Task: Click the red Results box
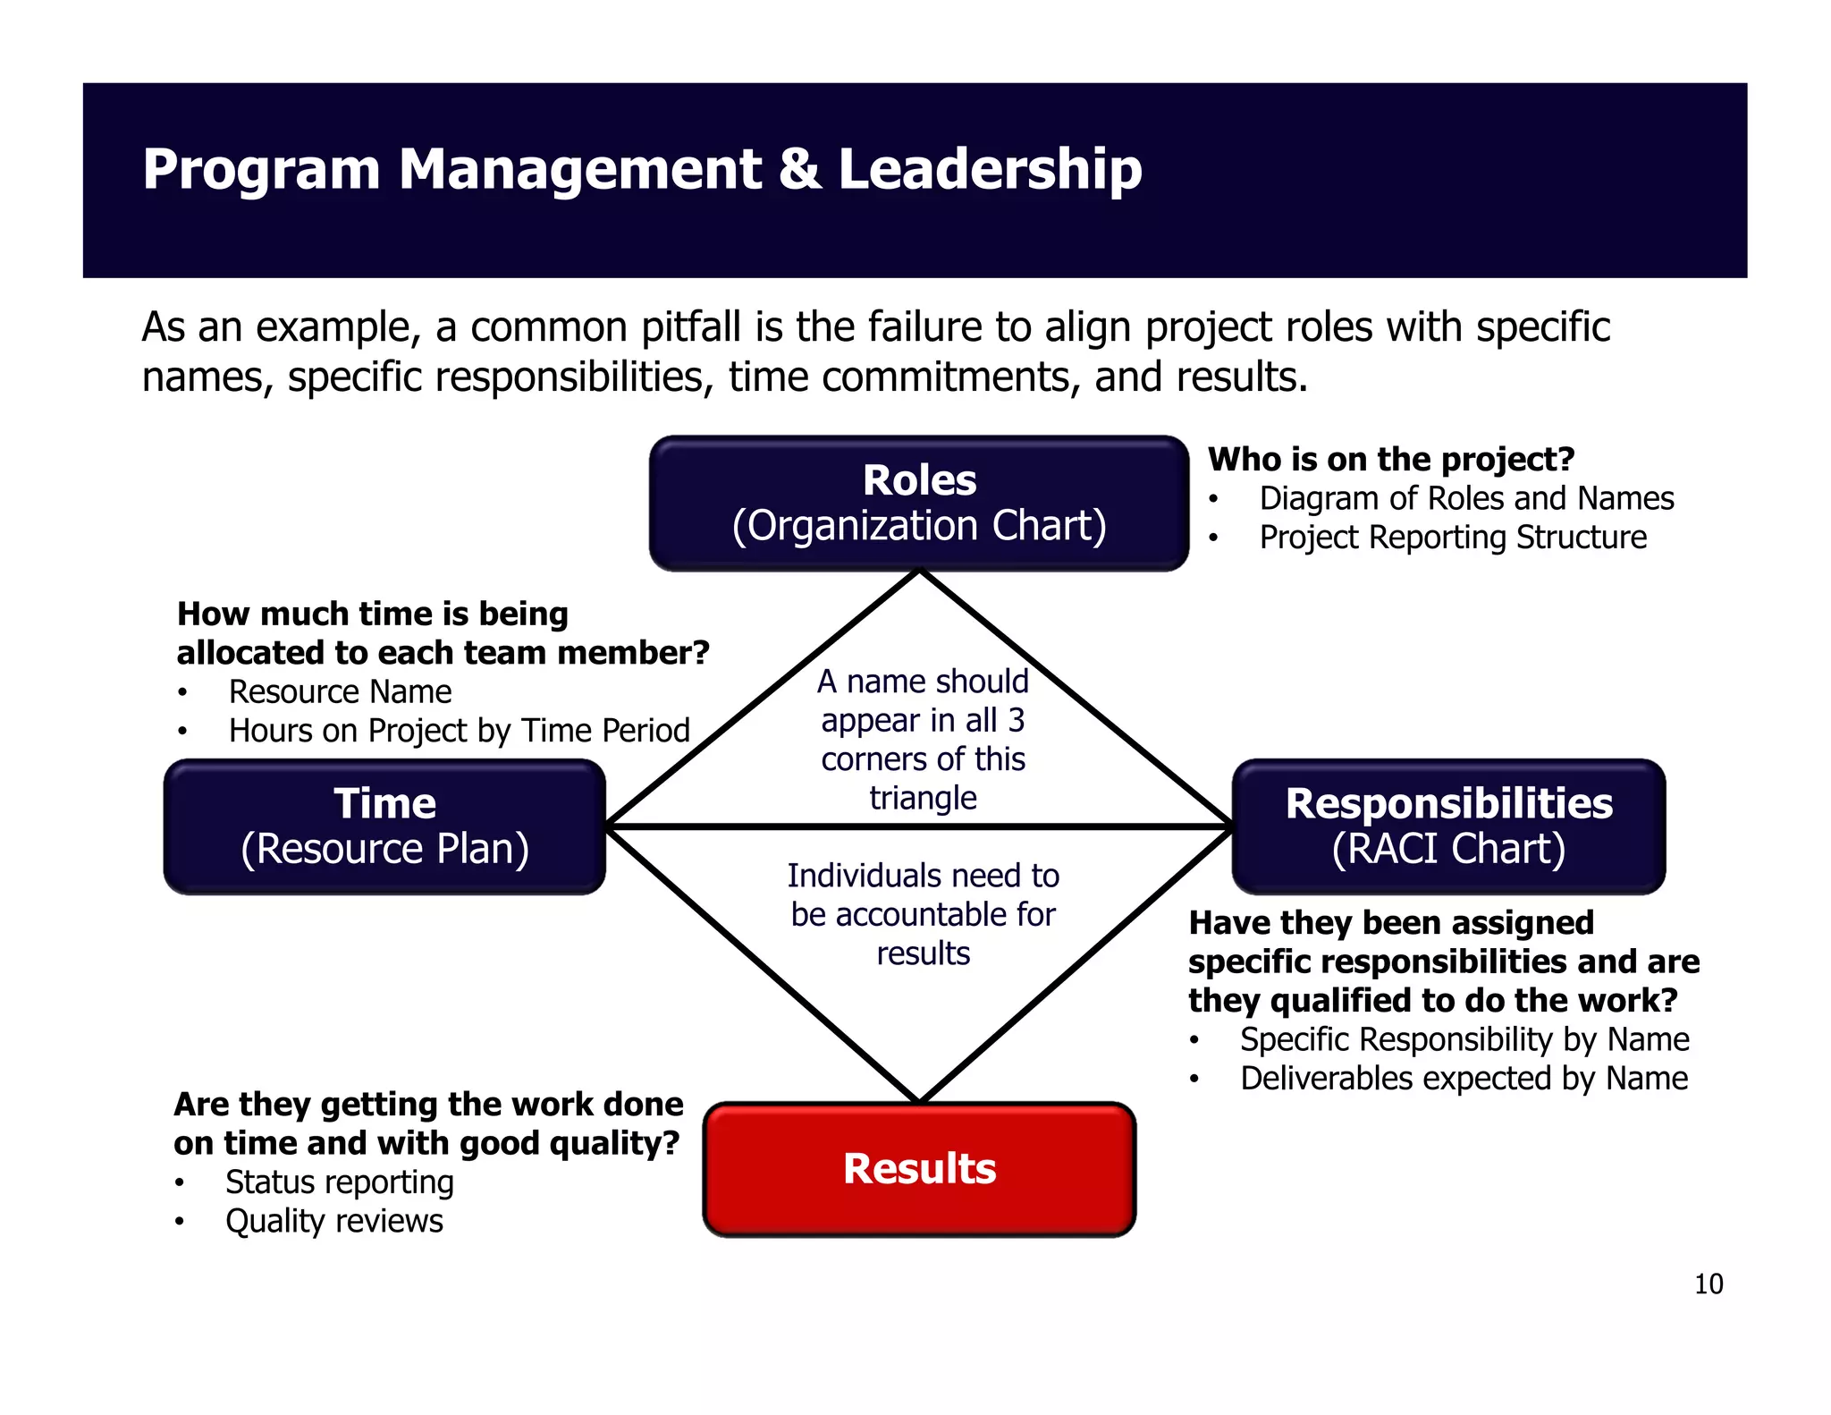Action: tap(919, 1169)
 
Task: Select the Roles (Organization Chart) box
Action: tap(919, 504)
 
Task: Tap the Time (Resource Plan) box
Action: tap(384, 826)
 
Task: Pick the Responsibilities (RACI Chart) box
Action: tap(1448, 826)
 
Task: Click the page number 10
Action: tap(1708, 1284)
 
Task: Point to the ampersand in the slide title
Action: tap(799, 169)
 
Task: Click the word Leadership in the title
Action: tap(990, 169)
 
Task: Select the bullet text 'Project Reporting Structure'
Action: tap(1453, 538)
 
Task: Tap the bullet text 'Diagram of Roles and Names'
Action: tap(1466, 498)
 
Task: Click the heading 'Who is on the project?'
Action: tap(1390, 459)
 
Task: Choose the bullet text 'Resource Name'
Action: tap(340, 692)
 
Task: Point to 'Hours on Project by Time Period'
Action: tap(459, 731)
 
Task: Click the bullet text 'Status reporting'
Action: tap(340, 1182)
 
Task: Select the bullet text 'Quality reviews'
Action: tap(333, 1221)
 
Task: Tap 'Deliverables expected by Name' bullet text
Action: tap(1464, 1079)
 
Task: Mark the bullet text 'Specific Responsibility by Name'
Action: tap(1464, 1039)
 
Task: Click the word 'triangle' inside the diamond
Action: tap(923, 798)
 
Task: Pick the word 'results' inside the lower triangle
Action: tap(923, 953)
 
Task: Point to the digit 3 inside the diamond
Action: tap(1017, 720)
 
